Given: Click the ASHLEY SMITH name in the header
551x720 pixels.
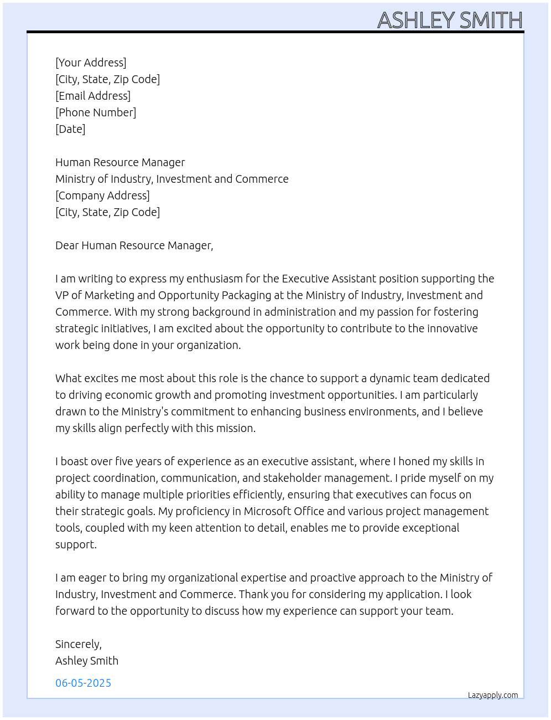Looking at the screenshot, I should (x=450, y=20).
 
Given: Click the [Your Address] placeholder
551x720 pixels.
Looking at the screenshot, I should (x=91, y=63).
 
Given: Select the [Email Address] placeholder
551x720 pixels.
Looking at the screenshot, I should (x=93, y=96).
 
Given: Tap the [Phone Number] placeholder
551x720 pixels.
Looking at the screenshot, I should (x=96, y=112).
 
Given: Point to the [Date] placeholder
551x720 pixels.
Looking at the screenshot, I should (x=70, y=129).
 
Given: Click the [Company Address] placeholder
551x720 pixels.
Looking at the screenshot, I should (x=102, y=196).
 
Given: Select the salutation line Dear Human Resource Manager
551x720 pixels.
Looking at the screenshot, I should (x=134, y=245).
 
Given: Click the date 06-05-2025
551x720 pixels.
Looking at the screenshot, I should (x=83, y=683).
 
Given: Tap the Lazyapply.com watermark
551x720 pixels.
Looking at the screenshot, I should (x=493, y=695).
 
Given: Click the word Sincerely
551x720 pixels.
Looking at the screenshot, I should (x=78, y=644).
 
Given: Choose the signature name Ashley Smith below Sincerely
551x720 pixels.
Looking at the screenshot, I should (x=87, y=661).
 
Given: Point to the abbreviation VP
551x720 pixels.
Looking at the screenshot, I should (x=63, y=295).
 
